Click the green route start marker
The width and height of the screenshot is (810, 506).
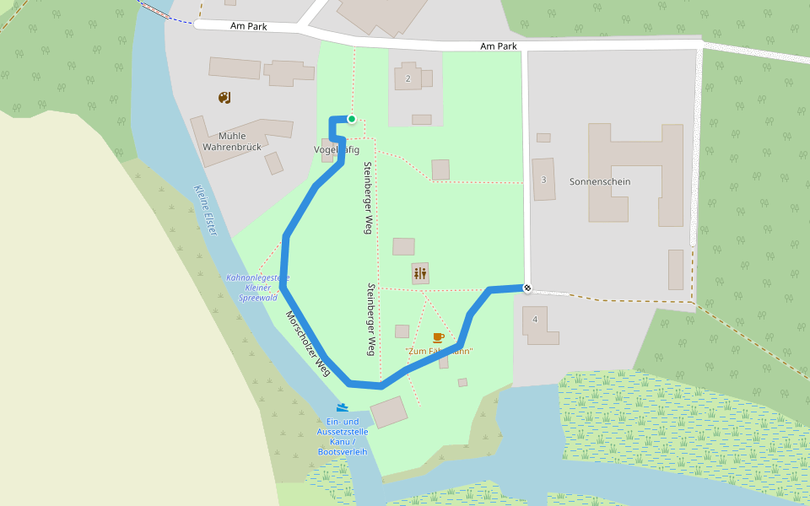click(x=352, y=119)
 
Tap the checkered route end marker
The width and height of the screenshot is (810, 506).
click(x=527, y=288)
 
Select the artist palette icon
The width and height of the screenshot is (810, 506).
click(x=224, y=98)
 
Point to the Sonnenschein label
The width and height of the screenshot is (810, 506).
click(x=600, y=181)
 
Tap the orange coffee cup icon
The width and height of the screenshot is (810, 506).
click(x=438, y=337)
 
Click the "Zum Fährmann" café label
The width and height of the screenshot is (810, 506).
click(x=439, y=351)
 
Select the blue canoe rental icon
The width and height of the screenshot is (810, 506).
click(x=343, y=406)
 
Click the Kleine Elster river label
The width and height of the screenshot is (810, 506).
click(x=206, y=210)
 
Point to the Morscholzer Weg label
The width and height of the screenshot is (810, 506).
click(x=307, y=343)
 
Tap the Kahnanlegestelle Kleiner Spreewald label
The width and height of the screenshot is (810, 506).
click(x=258, y=288)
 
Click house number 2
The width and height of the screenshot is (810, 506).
click(x=408, y=78)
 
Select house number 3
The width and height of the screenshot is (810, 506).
click(x=543, y=180)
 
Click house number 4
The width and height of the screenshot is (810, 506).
click(x=535, y=319)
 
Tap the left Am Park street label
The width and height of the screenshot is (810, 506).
click(x=248, y=27)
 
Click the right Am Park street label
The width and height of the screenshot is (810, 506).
click(x=498, y=46)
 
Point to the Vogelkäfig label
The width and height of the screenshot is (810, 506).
click(x=337, y=149)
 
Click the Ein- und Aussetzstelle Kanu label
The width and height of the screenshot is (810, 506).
click(x=343, y=437)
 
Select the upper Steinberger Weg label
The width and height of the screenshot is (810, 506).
click(x=368, y=197)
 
